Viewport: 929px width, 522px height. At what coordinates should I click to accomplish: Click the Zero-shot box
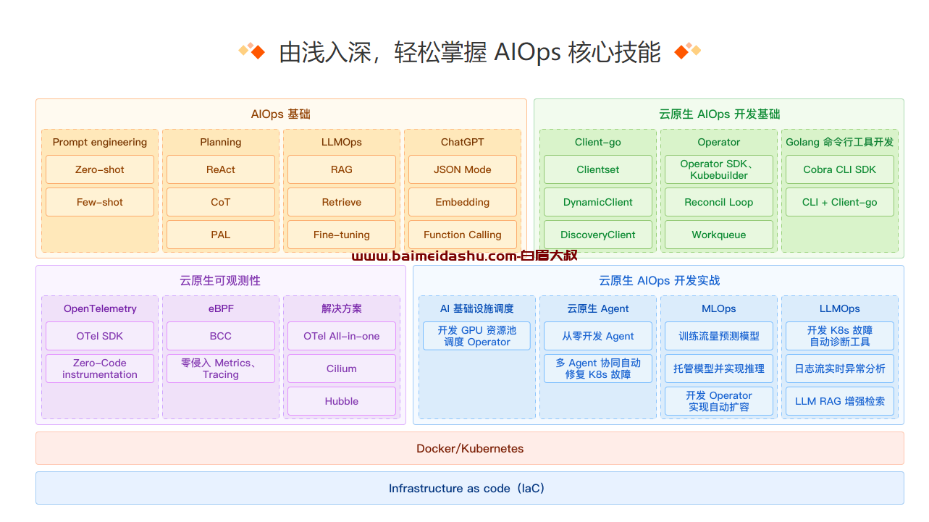pos(99,169)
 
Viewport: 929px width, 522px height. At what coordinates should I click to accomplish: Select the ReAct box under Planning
pos(221,169)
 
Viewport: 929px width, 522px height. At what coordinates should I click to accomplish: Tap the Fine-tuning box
pos(341,235)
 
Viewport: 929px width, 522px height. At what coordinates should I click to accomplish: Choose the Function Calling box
pos(463,235)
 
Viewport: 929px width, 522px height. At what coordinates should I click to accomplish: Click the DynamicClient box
pos(597,202)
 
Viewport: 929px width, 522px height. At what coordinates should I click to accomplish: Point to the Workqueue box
pos(719,235)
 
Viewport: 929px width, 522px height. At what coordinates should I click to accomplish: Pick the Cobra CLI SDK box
pos(839,169)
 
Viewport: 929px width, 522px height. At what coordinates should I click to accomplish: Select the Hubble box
pos(341,401)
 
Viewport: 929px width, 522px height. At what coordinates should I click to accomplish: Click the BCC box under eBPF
pos(221,336)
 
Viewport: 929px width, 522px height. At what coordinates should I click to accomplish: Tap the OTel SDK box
pos(99,336)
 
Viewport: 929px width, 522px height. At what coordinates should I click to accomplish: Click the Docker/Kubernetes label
pos(470,449)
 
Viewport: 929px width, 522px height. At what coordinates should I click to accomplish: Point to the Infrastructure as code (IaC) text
pos(466,489)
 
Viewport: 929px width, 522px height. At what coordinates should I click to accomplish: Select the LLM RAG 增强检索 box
pos(839,401)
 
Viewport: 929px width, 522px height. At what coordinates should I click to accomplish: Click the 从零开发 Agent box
pos(597,336)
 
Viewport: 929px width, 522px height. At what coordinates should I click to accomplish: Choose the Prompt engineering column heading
pos(99,142)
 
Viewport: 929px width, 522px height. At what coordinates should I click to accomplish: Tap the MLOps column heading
pos(719,308)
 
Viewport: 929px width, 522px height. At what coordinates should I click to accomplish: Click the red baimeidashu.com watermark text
pos(465,256)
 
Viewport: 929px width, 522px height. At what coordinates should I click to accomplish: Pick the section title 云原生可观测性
pos(220,281)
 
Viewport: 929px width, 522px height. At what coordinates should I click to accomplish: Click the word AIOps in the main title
pos(527,53)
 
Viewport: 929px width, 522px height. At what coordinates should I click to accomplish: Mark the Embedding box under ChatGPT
pos(463,202)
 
